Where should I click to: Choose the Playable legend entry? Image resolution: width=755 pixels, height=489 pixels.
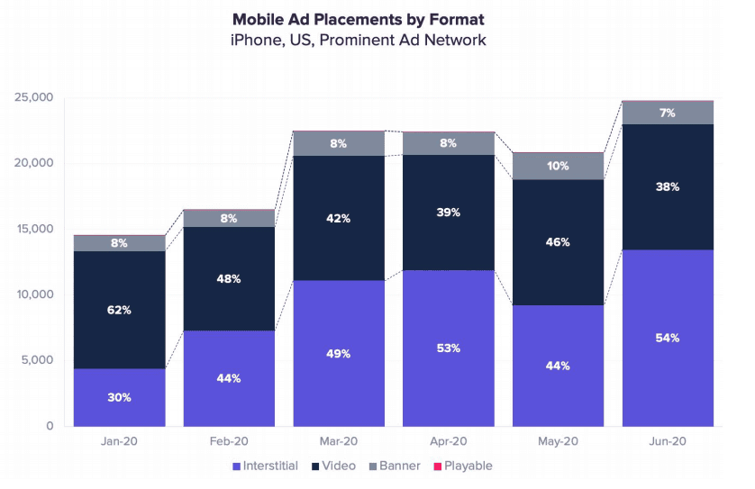click(468, 466)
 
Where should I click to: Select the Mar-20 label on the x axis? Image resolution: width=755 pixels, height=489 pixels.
click(339, 443)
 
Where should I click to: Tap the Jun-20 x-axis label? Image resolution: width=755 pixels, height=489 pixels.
click(668, 443)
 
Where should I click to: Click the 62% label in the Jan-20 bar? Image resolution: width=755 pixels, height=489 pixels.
click(119, 310)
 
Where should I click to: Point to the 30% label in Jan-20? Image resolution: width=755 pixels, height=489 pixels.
click(119, 397)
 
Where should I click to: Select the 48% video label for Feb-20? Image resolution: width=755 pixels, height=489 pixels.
click(229, 279)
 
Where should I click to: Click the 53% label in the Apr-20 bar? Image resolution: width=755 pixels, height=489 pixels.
click(449, 348)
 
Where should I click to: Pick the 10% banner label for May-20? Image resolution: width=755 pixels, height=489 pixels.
click(558, 166)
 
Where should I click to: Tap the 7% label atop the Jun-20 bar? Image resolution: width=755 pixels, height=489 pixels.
click(668, 113)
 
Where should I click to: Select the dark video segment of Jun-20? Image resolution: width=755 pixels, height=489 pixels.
click(668, 216)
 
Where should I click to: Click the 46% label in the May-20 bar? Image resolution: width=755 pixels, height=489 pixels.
click(558, 242)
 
